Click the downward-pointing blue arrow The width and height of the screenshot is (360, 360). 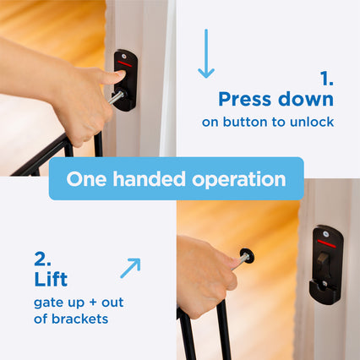(206, 53)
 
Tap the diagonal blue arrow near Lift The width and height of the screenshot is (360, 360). (130, 268)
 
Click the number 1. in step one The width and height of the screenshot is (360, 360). (327, 79)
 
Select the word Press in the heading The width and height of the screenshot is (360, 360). (245, 100)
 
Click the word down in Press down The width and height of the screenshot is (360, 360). (306, 99)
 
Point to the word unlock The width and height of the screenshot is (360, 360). (312, 122)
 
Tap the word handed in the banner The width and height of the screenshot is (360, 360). (149, 179)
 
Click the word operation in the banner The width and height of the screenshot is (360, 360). (239, 180)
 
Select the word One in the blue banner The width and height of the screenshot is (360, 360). (86, 179)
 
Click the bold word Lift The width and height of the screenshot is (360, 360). (51, 279)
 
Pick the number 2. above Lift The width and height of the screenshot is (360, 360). (42, 259)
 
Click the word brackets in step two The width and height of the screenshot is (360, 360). (79, 319)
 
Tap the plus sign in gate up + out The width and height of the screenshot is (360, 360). (93, 303)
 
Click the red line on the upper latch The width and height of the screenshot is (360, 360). (125, 63)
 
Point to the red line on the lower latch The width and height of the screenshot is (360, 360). (327, 243)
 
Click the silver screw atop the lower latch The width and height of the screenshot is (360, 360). (326, 233)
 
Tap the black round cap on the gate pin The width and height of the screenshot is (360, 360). (247, 256)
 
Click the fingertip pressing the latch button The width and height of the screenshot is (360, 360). (121, 75)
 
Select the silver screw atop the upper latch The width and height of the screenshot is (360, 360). (124, 56)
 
